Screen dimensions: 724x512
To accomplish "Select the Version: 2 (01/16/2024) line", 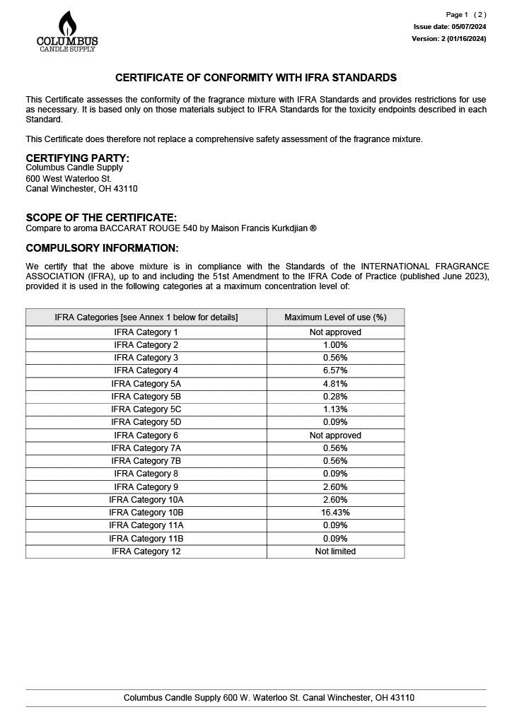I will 448,39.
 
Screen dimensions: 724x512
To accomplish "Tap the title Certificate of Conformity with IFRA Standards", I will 256,78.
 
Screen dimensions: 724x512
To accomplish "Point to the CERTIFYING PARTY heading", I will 78,158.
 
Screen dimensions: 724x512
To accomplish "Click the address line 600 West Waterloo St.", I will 69,179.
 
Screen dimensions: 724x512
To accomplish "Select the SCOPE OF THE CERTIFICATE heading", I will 101,218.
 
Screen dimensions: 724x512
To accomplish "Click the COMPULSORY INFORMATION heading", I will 102,248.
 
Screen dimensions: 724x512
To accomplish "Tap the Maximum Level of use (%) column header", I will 335,317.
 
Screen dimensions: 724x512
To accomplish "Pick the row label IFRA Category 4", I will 146,370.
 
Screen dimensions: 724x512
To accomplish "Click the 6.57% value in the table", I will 335,370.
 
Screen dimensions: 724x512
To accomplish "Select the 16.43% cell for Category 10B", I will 335,513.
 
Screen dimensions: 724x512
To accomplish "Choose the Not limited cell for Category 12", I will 335,551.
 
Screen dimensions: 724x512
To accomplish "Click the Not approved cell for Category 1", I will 335,332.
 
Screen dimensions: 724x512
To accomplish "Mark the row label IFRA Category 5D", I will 146,423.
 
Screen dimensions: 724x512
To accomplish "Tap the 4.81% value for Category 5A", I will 335,384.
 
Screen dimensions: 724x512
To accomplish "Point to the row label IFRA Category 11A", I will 146,525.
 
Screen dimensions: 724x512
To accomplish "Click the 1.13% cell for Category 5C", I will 335,409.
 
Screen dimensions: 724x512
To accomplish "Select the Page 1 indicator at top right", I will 457,15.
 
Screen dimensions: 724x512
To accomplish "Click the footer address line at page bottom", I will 269,698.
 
